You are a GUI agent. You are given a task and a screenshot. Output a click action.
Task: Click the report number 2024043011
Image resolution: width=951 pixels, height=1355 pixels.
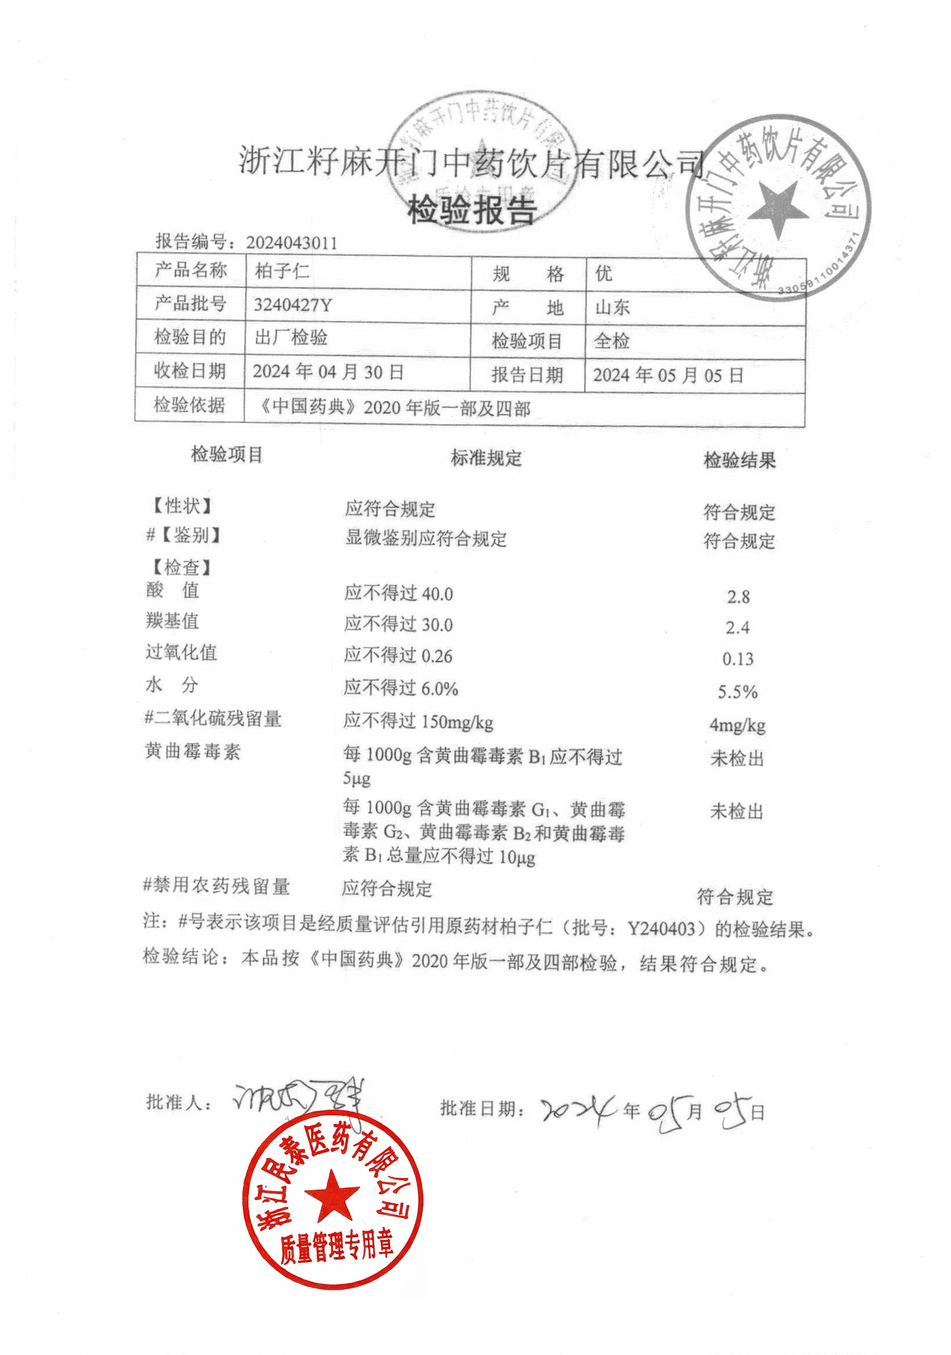coord(291,243)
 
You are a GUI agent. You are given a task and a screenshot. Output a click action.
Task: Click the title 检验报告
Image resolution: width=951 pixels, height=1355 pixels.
coord(472,211)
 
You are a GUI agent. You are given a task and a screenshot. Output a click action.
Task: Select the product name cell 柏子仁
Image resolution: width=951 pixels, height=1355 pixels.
coord(282,271)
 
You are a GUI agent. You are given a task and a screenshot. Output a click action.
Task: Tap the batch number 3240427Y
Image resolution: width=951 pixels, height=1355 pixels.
coord(293,304)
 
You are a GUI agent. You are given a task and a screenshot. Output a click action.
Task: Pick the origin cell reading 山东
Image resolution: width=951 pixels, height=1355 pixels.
coord(613,307)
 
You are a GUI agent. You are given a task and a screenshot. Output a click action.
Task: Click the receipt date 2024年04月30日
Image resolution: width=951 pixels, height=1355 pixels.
coord(328,371)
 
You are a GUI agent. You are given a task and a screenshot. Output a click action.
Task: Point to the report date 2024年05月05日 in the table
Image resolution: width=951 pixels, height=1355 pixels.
coord(668,375)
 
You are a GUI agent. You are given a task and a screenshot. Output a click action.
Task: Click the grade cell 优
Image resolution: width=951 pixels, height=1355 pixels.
coord(604,273)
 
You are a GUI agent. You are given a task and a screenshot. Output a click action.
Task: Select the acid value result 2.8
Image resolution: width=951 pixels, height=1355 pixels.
coord(738,596)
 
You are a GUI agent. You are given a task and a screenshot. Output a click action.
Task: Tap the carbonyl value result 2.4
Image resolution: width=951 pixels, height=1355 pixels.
coord(737,627)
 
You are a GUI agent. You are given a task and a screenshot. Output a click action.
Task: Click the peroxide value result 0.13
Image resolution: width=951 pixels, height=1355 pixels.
coord(738,659)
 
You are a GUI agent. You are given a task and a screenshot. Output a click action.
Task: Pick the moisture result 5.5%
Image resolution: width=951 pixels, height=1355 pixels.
coord(737,692)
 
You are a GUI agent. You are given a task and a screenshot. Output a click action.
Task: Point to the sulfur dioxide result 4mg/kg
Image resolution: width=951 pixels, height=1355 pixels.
coord(737,725)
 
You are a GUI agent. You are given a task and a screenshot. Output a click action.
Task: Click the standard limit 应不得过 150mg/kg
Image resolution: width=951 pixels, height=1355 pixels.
coord(418,721)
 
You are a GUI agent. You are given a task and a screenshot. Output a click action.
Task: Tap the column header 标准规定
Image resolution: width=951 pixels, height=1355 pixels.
coord(486,458)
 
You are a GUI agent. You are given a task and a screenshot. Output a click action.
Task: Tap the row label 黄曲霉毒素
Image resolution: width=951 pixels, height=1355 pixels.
coord(192,752)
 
